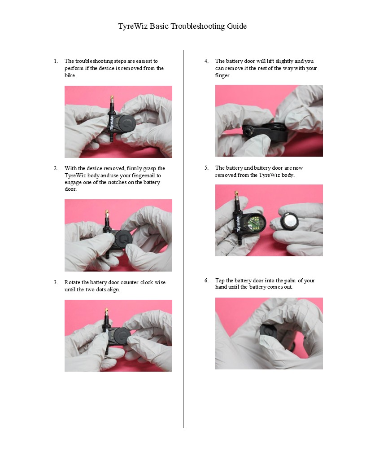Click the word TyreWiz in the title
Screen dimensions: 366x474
tap(133, 26)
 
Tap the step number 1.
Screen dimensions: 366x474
tap(56, 61)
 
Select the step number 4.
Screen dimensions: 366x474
tap(207, 61)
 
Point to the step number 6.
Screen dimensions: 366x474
tap(207, 281)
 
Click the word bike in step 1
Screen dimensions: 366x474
tap(70, 75)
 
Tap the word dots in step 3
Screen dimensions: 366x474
tap(101, 290)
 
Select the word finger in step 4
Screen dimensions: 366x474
tap(222, 75)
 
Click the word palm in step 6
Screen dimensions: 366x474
tap(290, 281)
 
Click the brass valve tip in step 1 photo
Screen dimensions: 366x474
tap(111, 99)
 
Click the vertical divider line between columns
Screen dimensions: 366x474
tap(183, 239)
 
